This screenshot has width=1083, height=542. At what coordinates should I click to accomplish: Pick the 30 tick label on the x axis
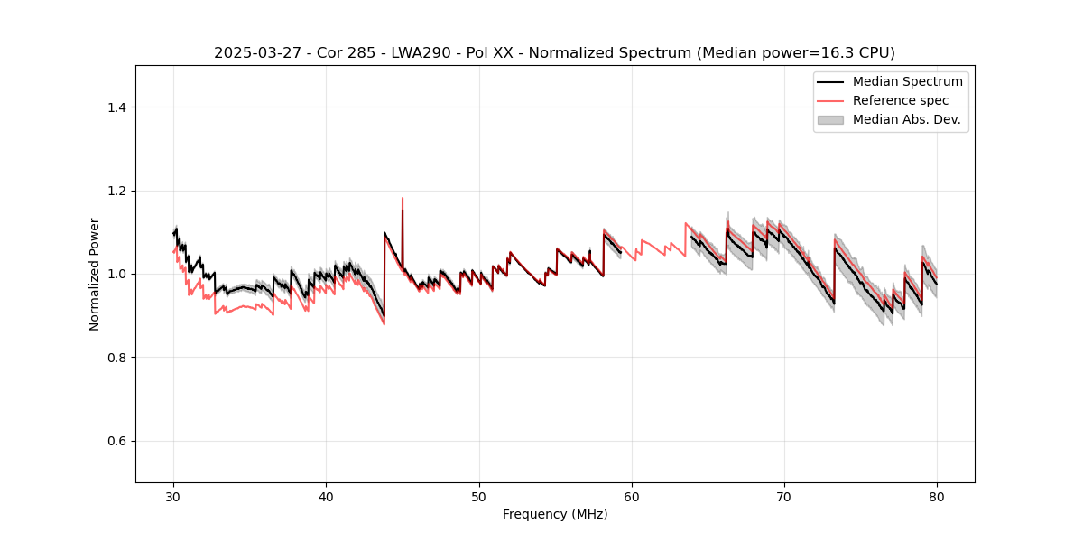174,497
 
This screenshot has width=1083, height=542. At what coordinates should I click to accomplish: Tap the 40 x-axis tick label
327,497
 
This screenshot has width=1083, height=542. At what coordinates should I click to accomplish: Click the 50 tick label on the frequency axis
479,497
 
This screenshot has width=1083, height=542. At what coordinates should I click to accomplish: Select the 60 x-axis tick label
632,497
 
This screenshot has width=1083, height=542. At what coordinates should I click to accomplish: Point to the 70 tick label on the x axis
784,497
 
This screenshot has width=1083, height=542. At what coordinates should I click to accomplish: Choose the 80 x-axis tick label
937,497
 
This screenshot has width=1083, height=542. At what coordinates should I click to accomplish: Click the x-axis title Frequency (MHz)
555,514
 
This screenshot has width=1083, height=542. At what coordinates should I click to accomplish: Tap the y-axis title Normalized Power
95,274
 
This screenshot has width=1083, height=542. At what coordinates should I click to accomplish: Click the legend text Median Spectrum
907,81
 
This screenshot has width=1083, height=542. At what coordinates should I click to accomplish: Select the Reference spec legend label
901,100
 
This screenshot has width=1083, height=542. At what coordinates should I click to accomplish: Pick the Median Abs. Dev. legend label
907,119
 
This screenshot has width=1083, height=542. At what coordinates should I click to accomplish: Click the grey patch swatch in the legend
830,119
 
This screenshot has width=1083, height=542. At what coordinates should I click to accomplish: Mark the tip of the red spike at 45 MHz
403,198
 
